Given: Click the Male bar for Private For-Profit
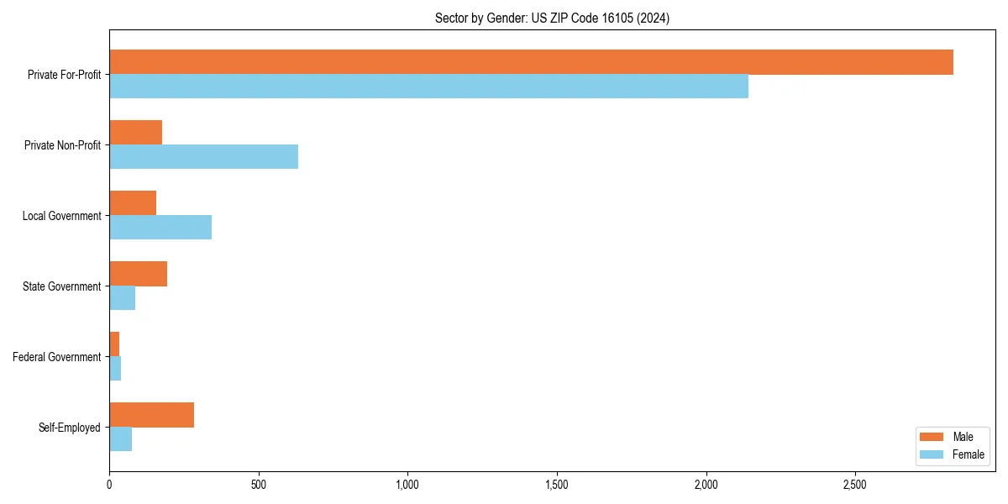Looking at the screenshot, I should pyautogui.click(x=531, y=62).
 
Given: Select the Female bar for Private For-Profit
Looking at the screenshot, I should pyautogui.click(x=428, y=87).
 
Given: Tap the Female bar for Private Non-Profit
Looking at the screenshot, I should pyautogui.click(x=203, y=157).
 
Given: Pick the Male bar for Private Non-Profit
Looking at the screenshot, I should pyautogui.click(x=135, y=133).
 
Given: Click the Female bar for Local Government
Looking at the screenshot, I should pyautogui.click(x=160, y=228).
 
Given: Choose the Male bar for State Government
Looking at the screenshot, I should pyautogui.click(x=138, y=274).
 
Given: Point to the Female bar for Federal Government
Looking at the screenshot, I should pyautogui.click(x=115, y=369).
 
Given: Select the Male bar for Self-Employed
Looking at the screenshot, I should pyautogui.click(x=151, y=415).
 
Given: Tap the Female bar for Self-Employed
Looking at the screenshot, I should pyautogui.click(x=120, y=439).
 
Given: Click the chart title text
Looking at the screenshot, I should pyautogui.click(x=552, y=18).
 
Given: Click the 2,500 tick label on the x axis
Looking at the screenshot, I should pyautogui.click(x=855, y=486).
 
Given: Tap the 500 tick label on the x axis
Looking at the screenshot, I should pyautogui.click(x=258, y=486).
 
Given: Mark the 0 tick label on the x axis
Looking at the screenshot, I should pyautogui.click(x=109, y=486).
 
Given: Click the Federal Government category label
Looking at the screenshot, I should pyautogui.click(x=57, y=357).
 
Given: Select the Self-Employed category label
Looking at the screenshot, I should pyautogui.click(x=70, y=428).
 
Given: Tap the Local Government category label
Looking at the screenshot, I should pyautogui.click(x=62, y=216).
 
